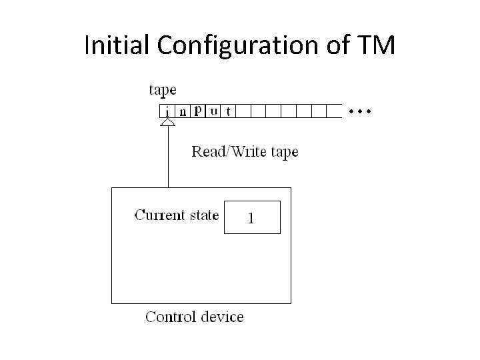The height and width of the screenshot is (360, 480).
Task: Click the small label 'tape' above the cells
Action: click(163, 90)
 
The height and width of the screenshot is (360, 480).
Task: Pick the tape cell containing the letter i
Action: click(167, 111)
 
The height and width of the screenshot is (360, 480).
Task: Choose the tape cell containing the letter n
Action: click(183, 111)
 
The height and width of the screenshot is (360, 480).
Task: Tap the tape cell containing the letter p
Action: click(199, 111)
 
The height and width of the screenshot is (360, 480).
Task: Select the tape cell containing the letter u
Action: click(213, 111)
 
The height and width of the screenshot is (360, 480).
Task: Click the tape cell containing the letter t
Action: click(229, 111)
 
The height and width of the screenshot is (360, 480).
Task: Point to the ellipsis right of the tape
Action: click(359, 110)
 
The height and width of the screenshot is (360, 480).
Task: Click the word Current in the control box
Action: click(159, 215)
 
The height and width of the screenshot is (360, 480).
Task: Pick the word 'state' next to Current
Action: click(203, 215)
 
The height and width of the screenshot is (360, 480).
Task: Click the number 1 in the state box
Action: click(251, 217)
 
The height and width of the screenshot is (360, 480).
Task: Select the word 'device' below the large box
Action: click(221, 316)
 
